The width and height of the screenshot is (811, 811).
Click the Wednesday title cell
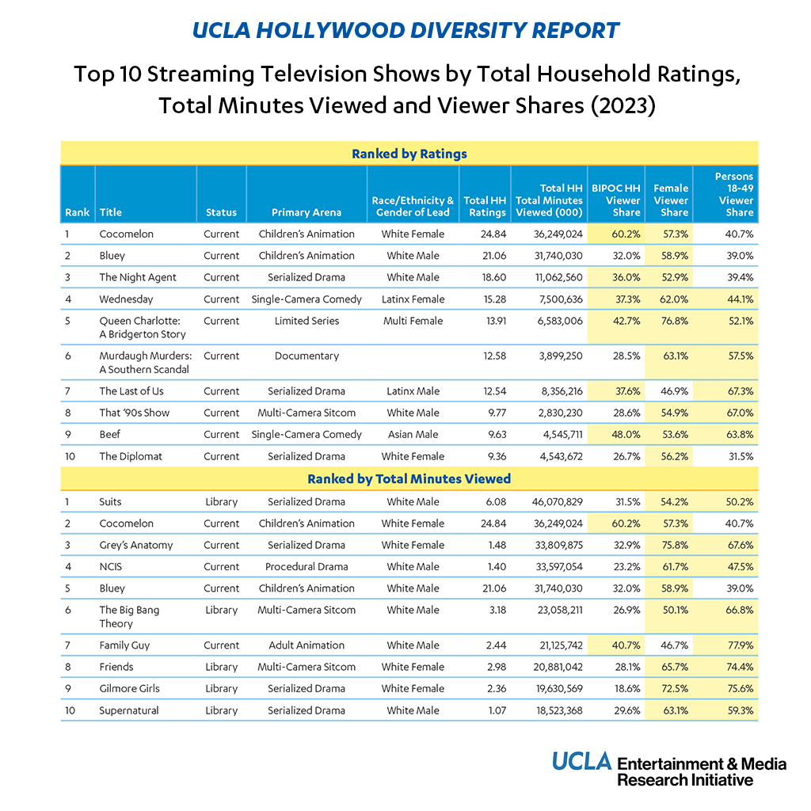(x=126, y=299)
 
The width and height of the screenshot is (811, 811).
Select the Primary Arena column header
(x=307, y=212)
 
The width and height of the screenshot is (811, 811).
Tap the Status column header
(x=221, y=212)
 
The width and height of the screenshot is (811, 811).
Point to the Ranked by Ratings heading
(x=409, y=154)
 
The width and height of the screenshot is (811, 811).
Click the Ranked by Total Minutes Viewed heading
(x=409, y=478)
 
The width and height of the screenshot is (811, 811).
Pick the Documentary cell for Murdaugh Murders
(x=307, y=356)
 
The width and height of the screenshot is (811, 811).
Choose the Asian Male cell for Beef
(x=413, y=434)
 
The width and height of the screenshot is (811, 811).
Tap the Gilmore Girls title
(x=129, y=688)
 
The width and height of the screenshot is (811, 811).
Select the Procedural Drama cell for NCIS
(x=307, y=566)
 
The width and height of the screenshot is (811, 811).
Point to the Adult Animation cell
(x=307, y=645)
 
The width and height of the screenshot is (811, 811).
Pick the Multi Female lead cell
(x=413, y=321)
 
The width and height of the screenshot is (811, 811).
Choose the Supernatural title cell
(x=128, y=710)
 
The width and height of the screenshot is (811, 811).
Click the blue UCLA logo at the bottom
(x=582, y=762)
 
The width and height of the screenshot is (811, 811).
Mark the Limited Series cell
(x=307, y=321)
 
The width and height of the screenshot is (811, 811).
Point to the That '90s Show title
(x=134, y=413)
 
